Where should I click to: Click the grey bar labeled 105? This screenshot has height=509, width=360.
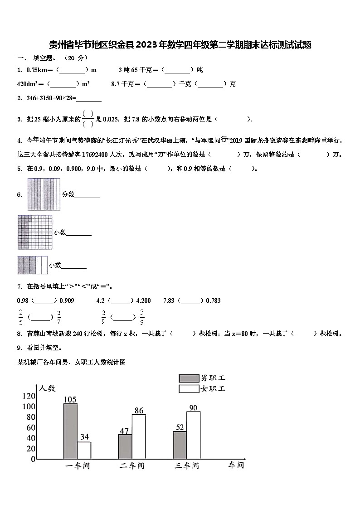(70, 431)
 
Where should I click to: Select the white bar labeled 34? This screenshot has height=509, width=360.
(84, 450)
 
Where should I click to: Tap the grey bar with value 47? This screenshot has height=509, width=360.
(125, 446)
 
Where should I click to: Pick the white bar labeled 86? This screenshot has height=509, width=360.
(139, 436)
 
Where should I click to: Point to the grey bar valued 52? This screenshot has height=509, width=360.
(180, 445)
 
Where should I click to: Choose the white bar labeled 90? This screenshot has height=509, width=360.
(194, 435)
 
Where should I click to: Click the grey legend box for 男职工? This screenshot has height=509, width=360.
(189, 378)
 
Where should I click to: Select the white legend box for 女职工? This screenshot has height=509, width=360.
(189, 388)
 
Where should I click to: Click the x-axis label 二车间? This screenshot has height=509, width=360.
(132, 466)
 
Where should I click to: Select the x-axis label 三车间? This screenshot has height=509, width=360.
(187, 466)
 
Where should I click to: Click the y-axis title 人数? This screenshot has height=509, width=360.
(47, 388)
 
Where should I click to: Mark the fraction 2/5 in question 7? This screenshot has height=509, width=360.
(21, 317)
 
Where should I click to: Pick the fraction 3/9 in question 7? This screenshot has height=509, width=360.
(142, 317)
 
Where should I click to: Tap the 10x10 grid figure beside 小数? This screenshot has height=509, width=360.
(34, 232)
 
